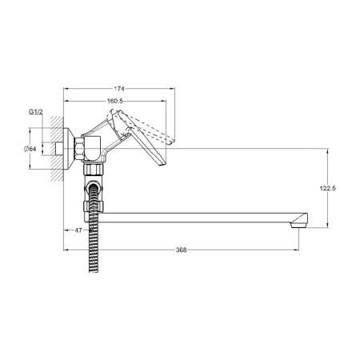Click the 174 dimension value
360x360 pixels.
[x=119, y=89]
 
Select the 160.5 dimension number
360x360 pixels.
[x=114, y=101]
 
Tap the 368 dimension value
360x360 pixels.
[x=181, y=250]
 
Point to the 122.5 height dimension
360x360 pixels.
[x=328, y=188]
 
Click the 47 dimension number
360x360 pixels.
[x=78, y=230]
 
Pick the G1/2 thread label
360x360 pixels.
[x=35, y=112]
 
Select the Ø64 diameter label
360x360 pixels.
[x=30, y=149]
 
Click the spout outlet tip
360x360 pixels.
[x=298, y=226]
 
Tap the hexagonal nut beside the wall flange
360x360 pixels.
[x=79, y=149]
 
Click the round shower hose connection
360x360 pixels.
[x=93, y=187]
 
